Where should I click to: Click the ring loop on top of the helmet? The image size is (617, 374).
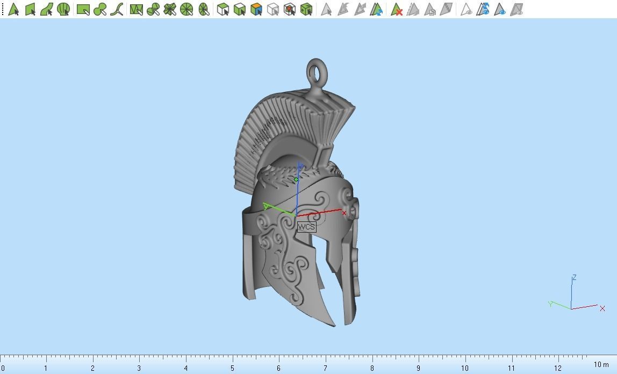[x=317, y=71]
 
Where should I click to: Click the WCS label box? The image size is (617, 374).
[x=306, y=227]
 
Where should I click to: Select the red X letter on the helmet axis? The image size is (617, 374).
[x=344, y=213]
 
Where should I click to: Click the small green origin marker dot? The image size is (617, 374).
[x=296, y=179]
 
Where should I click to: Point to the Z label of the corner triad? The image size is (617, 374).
[x=574, y=278]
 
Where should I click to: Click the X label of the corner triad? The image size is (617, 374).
[x=602, y=308]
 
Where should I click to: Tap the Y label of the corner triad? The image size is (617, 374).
[x=550, y=304]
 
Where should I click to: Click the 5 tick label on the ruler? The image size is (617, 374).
[x=232, y=368]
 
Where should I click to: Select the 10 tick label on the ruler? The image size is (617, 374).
[x=464, y=368]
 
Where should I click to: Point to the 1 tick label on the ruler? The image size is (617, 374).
[x=46, y=368]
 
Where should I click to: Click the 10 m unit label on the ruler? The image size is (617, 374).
[x=601, y=365]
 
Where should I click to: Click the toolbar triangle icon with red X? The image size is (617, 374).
[x=397, y=9]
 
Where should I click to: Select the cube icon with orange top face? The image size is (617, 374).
[x=256, y=9]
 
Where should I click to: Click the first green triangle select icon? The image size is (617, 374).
[x=13, y=9]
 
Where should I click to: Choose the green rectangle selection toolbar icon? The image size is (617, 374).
[x=83, y=9]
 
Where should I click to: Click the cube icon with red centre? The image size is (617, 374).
[x=290, y=9]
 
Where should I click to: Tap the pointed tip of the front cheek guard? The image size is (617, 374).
[x=334, y=324]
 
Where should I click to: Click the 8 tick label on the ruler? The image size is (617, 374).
[x=371, y=368]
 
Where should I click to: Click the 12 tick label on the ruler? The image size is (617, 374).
[x=558, y=368]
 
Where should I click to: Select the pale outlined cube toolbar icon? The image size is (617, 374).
[x=273, y=9]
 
